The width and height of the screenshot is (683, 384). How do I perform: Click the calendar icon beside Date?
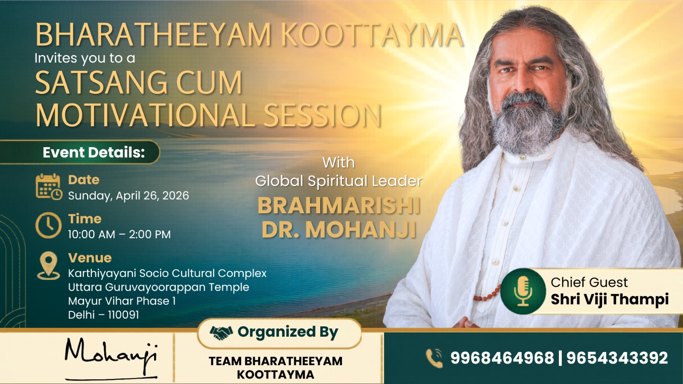pyautogui.click(x=49, y=187)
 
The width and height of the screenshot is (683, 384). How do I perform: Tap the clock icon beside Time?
pyautogui.click(x=48, y=225)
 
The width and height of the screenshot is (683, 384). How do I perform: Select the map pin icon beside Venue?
pyautogui.click(x=49, y=265)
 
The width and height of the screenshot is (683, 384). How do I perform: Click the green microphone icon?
pyautogui.click(x=523, y=291)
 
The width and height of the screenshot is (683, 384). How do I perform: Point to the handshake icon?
pyautogui.click(x=221, y=332)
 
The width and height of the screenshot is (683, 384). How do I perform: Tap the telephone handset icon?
pyautogui.click(x=434, y=358)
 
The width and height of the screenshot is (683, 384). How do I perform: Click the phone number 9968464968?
pyautogui.click(x=502, y=358)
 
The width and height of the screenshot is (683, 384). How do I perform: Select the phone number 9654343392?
pyautogui.click(x=617, y=358)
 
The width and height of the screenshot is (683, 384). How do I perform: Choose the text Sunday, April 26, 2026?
pyautogui.click(x=128, y=196)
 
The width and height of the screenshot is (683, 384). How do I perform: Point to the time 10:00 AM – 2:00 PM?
pyautogui.click(x=120, y=234)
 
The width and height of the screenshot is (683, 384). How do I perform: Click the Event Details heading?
pyautogui.click(x=94, y=152)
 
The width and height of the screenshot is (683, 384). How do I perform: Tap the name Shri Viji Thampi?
pyautogui.click(x=610, y=300)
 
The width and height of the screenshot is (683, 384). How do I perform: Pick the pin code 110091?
pyautogui.click(x=123, y=315)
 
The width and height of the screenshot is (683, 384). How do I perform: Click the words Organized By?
pyautogui.click(x=288, y=332)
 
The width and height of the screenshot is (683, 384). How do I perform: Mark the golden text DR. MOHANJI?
pyautogui.click(x=339, y=230)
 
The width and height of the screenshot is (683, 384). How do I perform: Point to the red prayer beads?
pyautogui.click(x=487, y=295)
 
